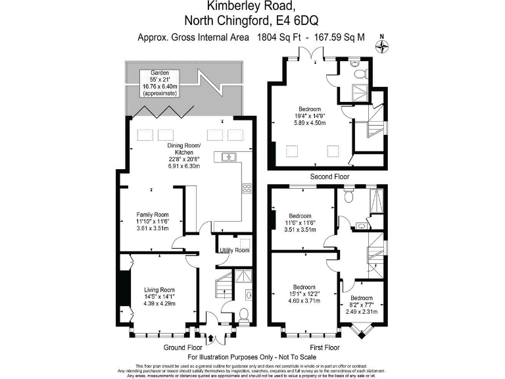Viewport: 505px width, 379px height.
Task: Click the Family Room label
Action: point(152,215)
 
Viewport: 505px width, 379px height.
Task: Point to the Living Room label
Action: point(158,290)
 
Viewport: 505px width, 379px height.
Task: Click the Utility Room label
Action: point(234,250)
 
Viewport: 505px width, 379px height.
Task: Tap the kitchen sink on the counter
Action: point(229,157)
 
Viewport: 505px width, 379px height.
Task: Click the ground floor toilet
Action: point(244,313)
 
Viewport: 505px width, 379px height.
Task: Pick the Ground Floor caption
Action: point(183,347)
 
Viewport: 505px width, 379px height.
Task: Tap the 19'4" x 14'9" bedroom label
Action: point(309,109)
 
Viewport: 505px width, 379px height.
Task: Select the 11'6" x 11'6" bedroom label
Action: point(301,216)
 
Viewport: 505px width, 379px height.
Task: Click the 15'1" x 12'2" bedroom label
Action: point(306,287)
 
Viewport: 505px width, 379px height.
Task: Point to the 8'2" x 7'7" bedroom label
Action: point(362,298)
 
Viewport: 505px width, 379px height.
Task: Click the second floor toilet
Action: point(354,65)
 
